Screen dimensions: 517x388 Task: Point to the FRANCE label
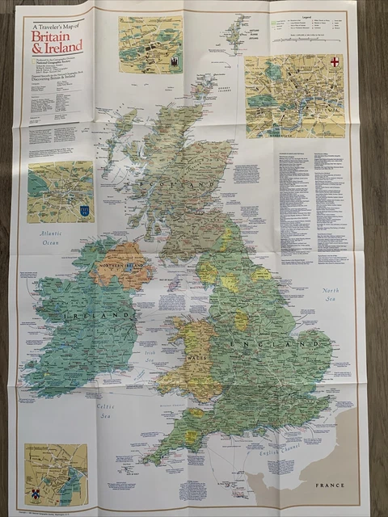[330, 485]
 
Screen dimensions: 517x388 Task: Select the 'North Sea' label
[331, 295]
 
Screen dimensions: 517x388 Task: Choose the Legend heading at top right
[306, 16]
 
